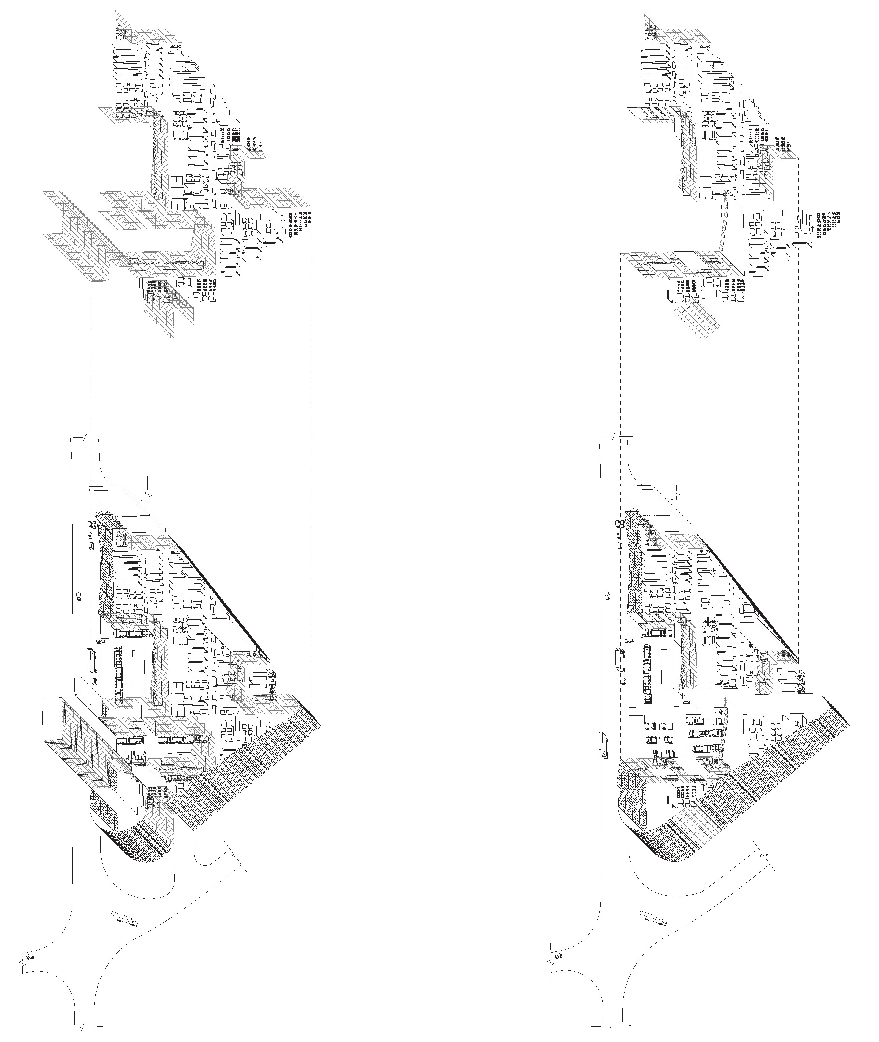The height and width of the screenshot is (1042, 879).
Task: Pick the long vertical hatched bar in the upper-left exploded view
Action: pyautogui.click(x=157, y=158)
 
